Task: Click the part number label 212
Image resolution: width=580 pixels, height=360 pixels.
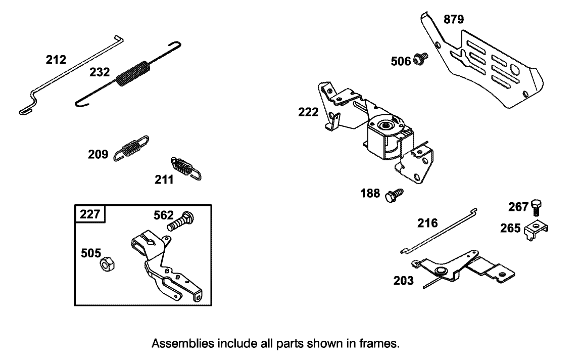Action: pos(56,60)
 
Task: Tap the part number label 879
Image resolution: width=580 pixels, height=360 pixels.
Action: pos(453,20)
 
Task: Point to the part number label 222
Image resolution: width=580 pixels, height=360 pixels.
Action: pos(308,112)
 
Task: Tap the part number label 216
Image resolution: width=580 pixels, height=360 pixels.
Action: pos(427,223)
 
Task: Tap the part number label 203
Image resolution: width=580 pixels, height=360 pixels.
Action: pos(403,280)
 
